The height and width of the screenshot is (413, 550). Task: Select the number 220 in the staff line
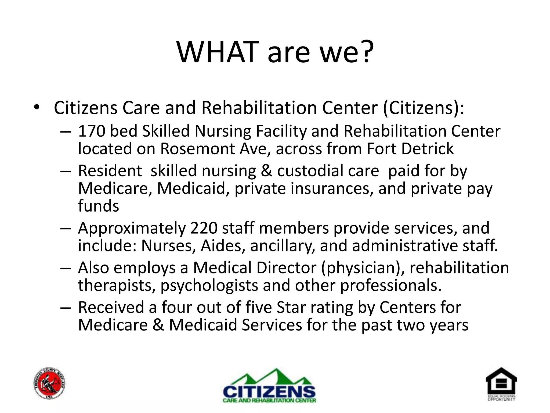[x=204, y=228]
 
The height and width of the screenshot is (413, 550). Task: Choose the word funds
[x=98, y=206]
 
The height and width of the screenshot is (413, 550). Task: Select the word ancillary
[x=282, y=246]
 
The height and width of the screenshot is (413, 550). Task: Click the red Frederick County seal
[x=50, y=383]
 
